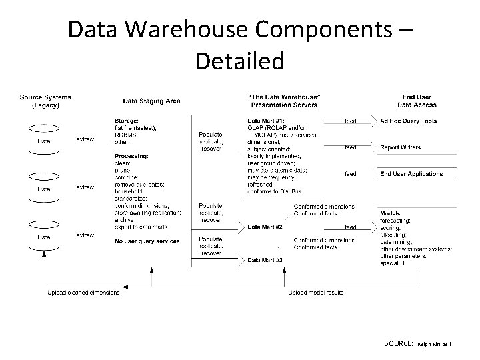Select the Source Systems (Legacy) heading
[45, 101]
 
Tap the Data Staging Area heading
[151, 101]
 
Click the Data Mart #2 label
[265, 227]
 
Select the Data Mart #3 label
[265, 259]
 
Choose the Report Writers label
[400, 147]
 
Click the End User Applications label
[411, 174]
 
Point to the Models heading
[390, 213]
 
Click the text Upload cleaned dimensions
[84, 293]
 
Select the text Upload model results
[316, 293]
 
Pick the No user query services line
[147, 241]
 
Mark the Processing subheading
[131, 156]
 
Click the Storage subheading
[127, 121]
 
